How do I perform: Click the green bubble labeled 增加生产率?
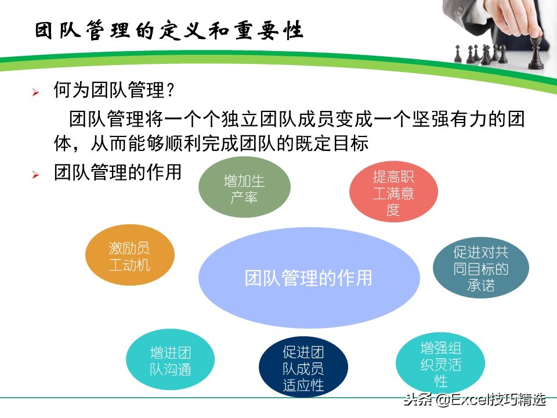(x=244, y=189)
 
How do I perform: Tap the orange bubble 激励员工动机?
(x=129, y=256)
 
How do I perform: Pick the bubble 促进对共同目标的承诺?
(x=480, y=268)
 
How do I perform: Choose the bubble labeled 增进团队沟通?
(x=171, y=361)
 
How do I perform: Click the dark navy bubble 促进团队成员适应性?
(x=303, y=368)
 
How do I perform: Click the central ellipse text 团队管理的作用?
(x=309, y=278)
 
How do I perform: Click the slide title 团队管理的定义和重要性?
(x=169, y=31)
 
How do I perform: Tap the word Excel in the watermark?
(x=468, y=400)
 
